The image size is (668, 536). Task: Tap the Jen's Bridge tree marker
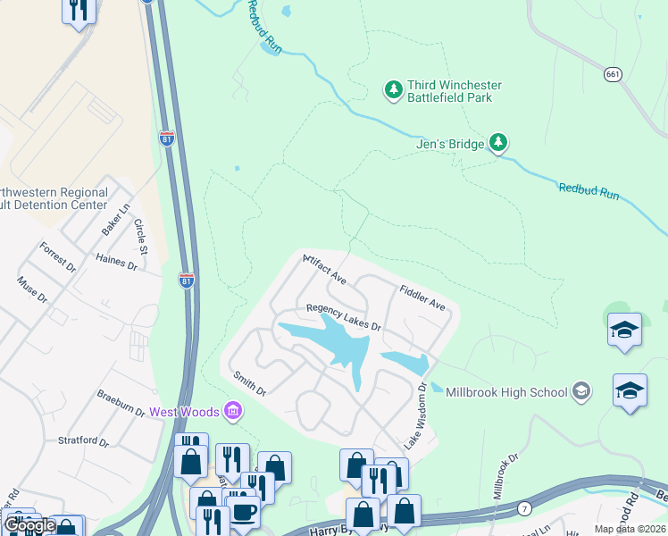498,143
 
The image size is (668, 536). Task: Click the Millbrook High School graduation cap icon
581,390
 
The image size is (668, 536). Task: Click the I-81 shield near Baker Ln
166,138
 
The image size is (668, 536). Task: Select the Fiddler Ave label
422,297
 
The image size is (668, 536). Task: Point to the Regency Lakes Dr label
344,317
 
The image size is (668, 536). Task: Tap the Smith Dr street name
249,385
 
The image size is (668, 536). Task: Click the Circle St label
140,235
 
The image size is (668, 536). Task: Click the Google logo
29,525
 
